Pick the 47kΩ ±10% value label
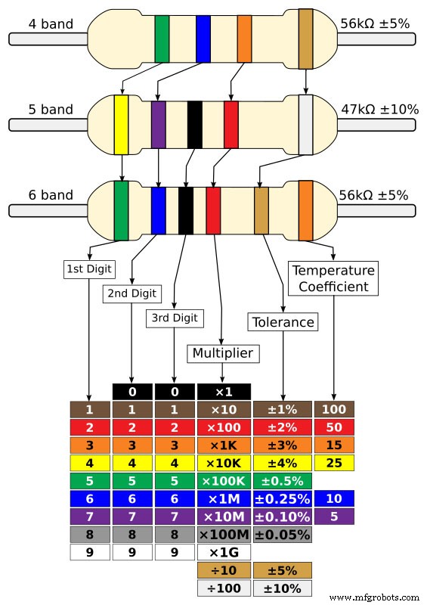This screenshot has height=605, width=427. (x=379, y=110)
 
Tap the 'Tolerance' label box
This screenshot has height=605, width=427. (x=281, y=322)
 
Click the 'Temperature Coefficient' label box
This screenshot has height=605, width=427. (x=333, y=279)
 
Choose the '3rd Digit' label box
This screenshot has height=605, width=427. (x=175, y=318)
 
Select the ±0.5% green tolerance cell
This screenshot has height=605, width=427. (x=281, y=481)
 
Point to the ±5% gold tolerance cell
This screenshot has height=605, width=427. (x=281, y=571)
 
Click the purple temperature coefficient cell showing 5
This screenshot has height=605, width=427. (x=333, y=517)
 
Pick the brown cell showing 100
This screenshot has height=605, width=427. (x=333, y=410)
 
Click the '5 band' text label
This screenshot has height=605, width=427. (x=51, y=110)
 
